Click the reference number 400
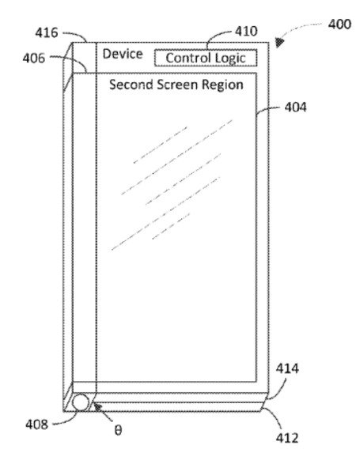coord(339,25)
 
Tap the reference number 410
coord(246,31)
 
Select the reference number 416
coord(47,32)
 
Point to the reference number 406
coord(34,58)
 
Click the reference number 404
coord(295,108)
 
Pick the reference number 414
coord(287,368)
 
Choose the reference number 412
coord(287,438)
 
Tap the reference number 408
coord(36,424)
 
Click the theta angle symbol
coord(118,430)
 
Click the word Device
coord(123,55)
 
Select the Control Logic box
coord(206,58)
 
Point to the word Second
coord(131,85)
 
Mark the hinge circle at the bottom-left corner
coord(81,402)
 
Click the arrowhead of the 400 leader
coord(279,42)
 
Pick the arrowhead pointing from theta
coord(97,407)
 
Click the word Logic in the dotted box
coord(230,58)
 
